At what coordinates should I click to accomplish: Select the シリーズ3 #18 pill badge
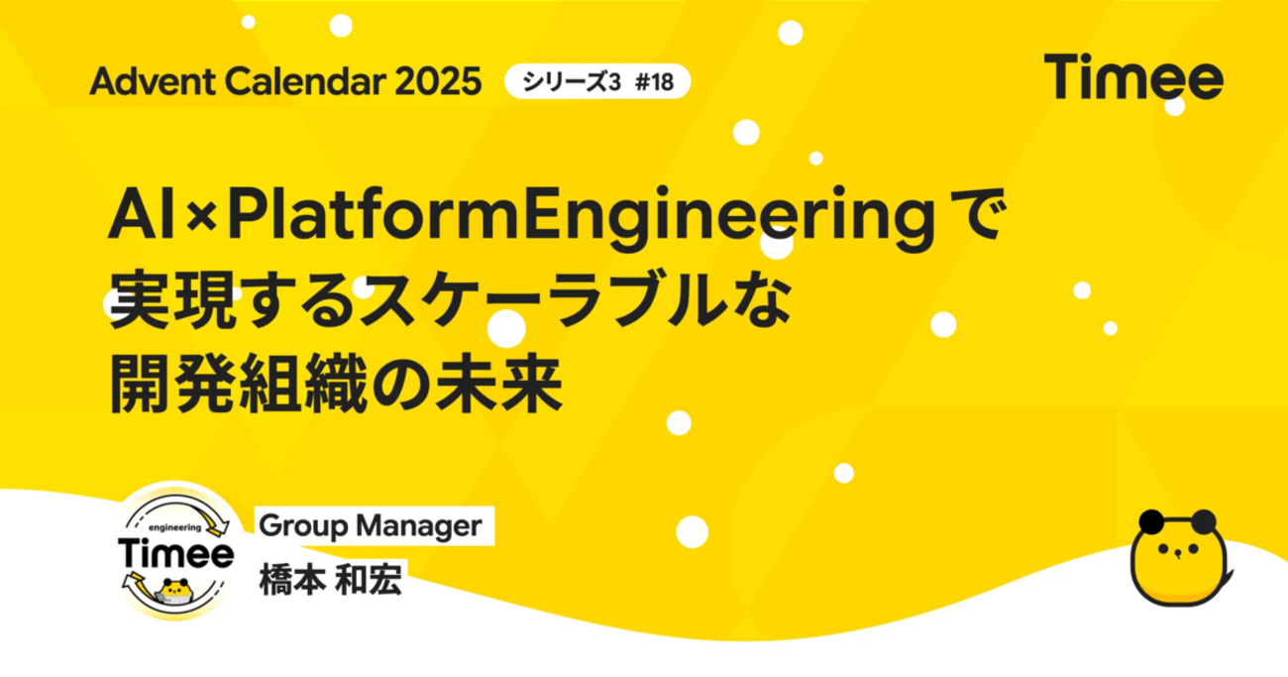[x=596, y=82]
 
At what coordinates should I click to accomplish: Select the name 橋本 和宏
[x=330, y=579]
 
